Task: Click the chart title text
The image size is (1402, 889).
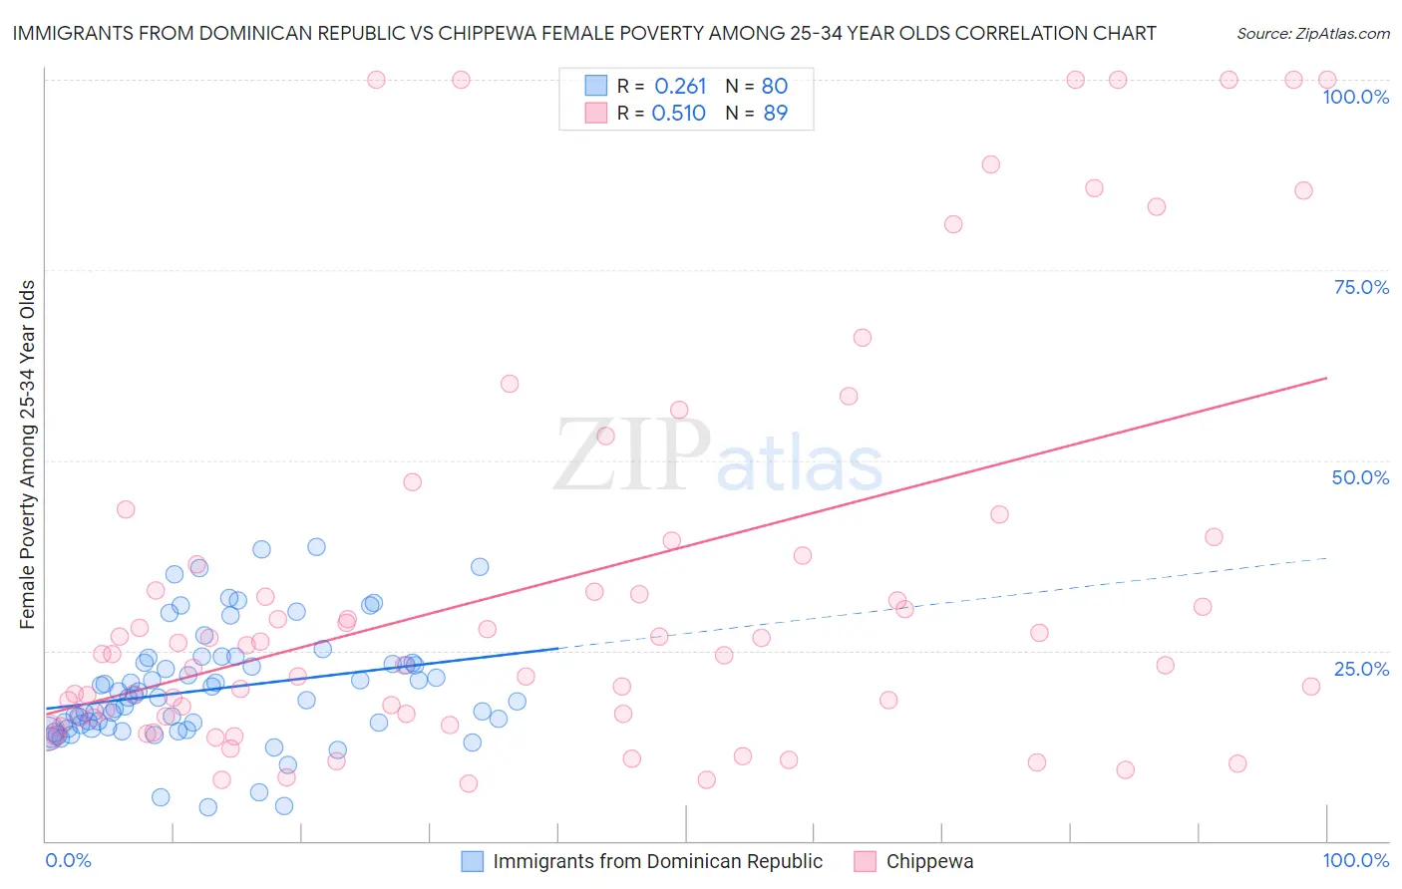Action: coord(584,33)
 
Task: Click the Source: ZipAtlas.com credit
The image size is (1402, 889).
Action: coord(1312,33)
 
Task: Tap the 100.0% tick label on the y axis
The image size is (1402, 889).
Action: coord(1355,97)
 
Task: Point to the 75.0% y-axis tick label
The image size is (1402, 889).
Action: coord(1361,287)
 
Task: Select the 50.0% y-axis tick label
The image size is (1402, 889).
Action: coord(1360,477)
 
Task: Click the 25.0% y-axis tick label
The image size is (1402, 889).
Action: coord(1361,669)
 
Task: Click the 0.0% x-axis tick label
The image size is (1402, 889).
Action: coord(68,860)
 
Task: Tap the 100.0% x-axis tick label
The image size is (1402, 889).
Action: coord(1355,860)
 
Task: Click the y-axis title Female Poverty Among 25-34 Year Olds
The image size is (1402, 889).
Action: coord(28,454)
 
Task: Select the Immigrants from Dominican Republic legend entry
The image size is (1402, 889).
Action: coord(657,861)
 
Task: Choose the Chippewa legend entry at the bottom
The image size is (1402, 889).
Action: coord(929,861)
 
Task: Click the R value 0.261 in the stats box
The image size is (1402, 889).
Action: coord(680,86)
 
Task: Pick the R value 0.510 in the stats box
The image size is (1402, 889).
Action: coord(678,114)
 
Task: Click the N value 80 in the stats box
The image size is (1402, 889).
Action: coord(775,86)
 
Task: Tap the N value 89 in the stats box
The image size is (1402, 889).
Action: coord(775,114)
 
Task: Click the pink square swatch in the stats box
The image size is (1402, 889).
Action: coord(595,113)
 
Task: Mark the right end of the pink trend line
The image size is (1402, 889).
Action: coord(1326,378)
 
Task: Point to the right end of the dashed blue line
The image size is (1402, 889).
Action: coord(1326,558)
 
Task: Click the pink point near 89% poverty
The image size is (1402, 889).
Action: coord(990,164)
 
